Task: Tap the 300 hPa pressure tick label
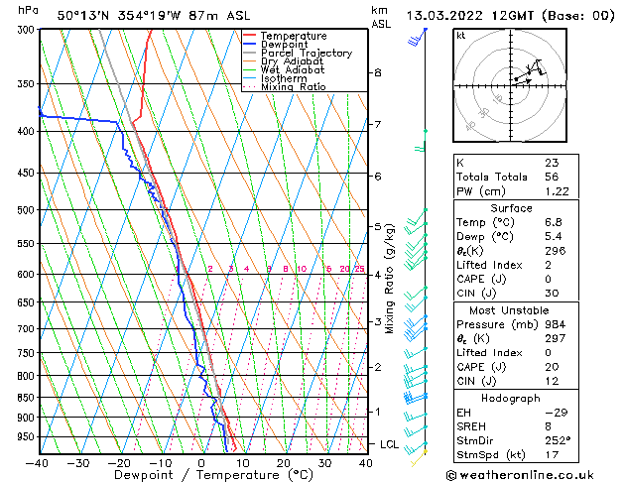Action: point(22,30)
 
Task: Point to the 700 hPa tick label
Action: point(22,328)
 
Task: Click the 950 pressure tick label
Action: point(22,436)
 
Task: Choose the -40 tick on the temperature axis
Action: point(39,461)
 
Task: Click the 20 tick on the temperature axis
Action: point(283,461)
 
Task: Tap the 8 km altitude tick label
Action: point(377,72)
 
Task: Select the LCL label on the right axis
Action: point(389,444)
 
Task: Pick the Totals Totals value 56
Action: point(552,177)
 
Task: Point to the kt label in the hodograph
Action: point(461,35)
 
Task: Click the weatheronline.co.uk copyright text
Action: point(535,474)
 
